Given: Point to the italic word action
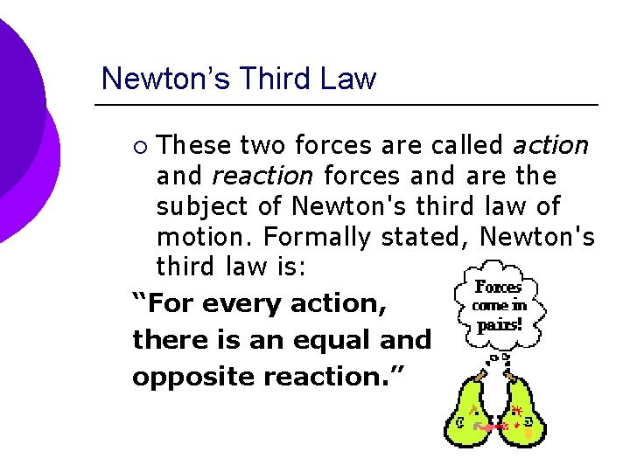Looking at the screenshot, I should click(550, 144).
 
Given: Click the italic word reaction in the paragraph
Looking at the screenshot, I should click(262, 176).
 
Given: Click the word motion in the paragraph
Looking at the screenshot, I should click(202, 237).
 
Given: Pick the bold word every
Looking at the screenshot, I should click(243, 304).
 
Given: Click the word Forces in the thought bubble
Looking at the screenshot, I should click(498, 287).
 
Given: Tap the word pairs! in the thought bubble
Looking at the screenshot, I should click(499, 324).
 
